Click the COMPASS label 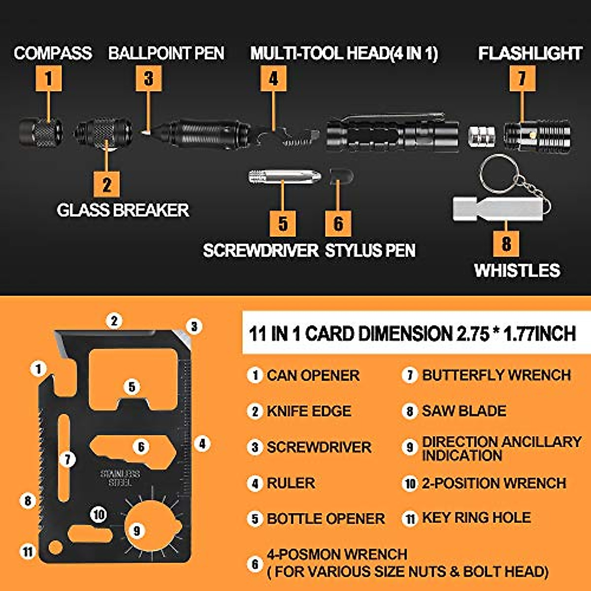click(53, 53)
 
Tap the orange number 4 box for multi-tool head click(273, 78)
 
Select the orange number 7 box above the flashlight click(522, 78)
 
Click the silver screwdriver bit click(285, 176)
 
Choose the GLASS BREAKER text click(123, 210)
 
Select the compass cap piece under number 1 click(41, 132)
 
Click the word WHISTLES click(517, 270)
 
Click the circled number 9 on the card click(137, 530)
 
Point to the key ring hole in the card click(55, 548)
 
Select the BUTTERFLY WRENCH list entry click(496, 375)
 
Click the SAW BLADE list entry click(463, 411)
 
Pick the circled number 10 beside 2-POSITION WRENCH click(410, 484)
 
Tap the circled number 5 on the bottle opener click(131, 387)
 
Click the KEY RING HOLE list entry click(476, 518)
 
